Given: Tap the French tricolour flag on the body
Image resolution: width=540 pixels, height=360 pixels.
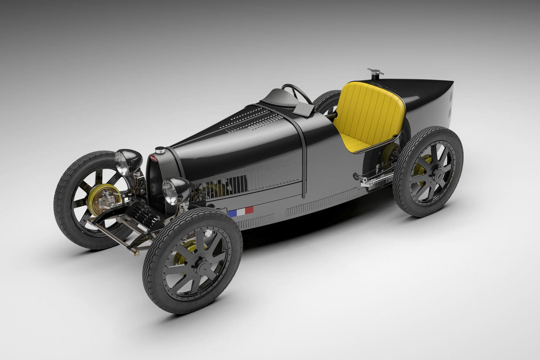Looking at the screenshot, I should (x=240, y=211).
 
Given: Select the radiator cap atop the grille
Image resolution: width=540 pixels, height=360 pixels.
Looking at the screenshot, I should (x=159, y=151).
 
